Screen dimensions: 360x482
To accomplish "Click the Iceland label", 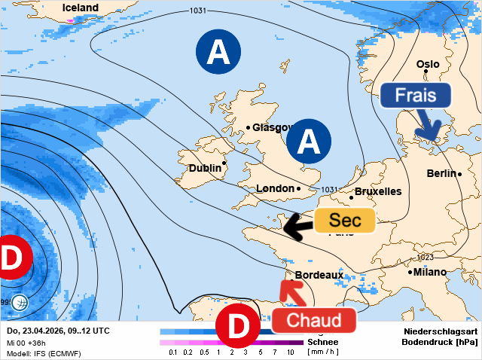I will tap(80, 8).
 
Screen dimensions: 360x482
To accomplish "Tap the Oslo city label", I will tap(427, 65).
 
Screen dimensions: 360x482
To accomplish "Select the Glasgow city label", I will tap(271, 127).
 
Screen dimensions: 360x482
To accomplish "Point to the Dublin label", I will tap(205, 169).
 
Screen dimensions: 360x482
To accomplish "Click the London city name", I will tap(275, 188).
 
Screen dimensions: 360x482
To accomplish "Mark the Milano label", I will tap(430, 272).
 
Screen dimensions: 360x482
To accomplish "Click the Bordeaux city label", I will tap(319, 276).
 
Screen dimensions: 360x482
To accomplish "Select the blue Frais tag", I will tap(415, 96).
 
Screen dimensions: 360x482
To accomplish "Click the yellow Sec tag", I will tap(344, 221).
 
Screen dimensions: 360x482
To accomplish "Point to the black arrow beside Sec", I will tap(297, 224).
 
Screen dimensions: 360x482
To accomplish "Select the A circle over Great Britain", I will tap(309, 141).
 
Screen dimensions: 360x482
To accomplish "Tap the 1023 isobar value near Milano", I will tap(426, 258).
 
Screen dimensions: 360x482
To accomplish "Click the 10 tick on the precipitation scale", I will tap(290, 352).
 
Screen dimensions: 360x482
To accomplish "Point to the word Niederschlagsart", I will tap(441, 331).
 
